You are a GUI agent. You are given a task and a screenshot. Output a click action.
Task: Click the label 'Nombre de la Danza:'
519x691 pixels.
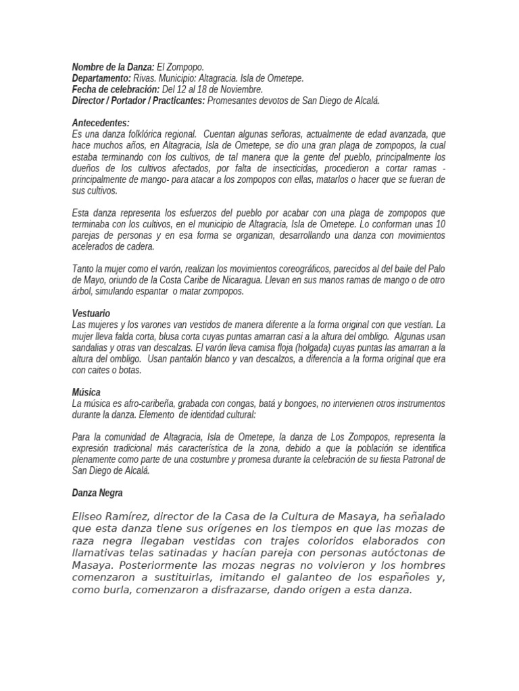point(113,67)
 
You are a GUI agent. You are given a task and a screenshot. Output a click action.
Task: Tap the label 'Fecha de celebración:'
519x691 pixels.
point(116,89)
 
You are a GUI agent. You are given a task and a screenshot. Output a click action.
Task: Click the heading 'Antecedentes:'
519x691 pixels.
point(101,123)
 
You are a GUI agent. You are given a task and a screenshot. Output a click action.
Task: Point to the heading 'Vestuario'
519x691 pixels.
point(91,314)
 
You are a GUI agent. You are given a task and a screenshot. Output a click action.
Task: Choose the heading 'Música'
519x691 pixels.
point(86,392)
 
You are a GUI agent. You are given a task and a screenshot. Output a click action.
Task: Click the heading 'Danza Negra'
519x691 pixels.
point(97,493)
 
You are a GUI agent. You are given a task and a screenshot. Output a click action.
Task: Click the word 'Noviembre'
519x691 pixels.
point(241,89)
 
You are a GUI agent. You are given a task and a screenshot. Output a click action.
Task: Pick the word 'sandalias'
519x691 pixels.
point(90,348)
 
